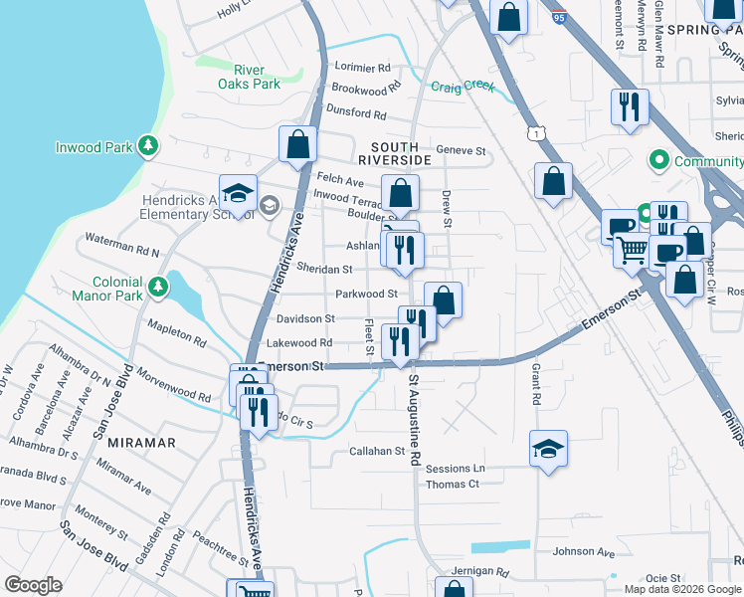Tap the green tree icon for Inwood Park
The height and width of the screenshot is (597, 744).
coord(147,147)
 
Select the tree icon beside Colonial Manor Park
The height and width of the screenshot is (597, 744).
coord(157,288)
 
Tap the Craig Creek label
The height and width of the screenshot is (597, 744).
coord(463,87)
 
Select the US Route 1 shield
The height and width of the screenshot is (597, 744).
coord(536,132)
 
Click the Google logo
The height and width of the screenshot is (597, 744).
coord(33,585)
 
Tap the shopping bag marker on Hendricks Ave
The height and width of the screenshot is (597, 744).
coord(297,144)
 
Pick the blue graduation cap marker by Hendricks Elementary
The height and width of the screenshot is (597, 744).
coord(239,193)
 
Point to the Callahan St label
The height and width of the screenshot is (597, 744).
coord(377,451)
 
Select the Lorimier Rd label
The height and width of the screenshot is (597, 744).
coord(363,68)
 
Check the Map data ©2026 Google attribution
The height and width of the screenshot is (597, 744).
coord(681,589)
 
